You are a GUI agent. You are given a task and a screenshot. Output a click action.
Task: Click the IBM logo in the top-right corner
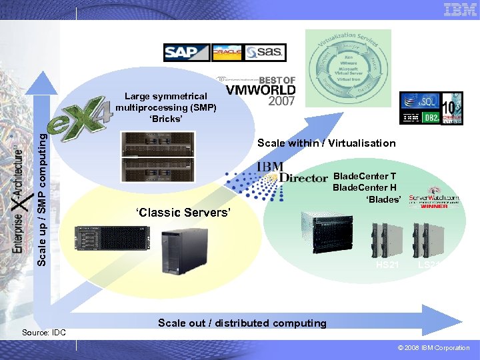461,9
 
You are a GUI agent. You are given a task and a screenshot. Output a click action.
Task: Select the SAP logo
187,53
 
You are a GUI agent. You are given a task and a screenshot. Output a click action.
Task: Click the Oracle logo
227,53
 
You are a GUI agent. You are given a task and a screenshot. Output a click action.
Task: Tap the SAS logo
265,53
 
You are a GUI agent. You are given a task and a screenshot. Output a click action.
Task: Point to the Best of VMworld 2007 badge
257,90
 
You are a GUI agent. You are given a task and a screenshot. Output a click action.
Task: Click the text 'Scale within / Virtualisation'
326,143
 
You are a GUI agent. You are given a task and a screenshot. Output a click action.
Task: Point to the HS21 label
387,265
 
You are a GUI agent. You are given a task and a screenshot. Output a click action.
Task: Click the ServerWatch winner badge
434,198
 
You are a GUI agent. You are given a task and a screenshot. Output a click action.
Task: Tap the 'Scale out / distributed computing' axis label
242,323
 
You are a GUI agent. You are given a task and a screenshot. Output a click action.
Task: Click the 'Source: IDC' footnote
44,332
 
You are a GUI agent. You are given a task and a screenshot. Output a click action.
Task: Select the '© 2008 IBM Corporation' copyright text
433,348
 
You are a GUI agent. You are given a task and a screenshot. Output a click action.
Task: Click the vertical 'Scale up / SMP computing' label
42,199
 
